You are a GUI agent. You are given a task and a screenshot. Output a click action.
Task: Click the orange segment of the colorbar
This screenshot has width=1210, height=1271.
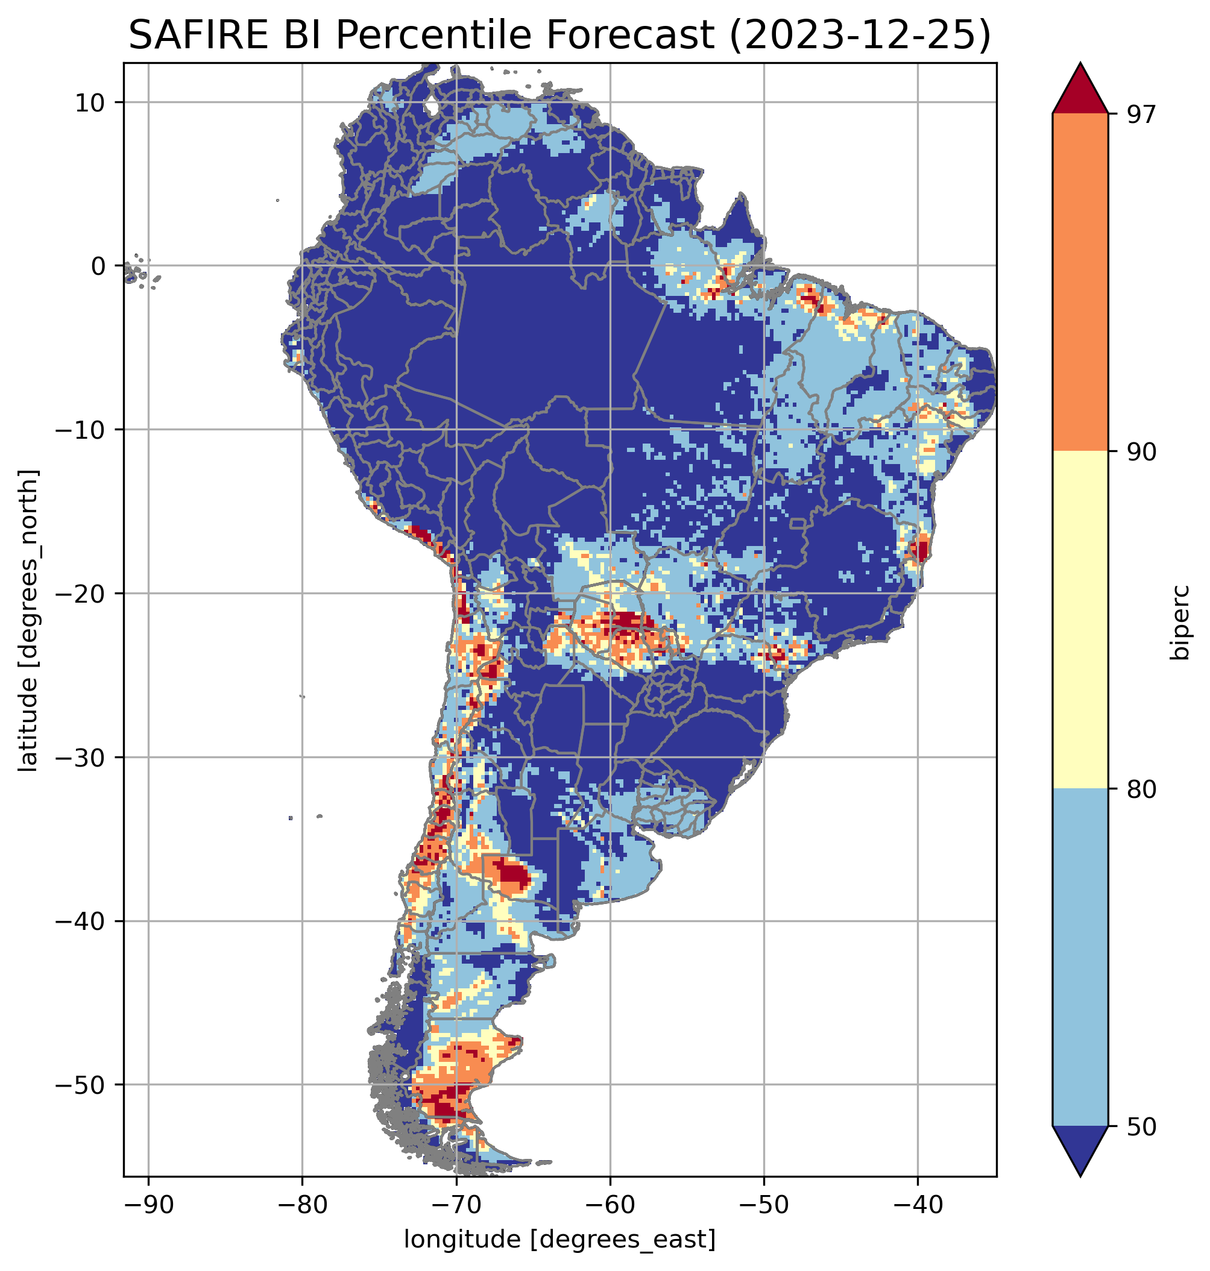[1080, 283]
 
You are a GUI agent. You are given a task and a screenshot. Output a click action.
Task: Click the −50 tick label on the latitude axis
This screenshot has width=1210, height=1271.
[81, 1085]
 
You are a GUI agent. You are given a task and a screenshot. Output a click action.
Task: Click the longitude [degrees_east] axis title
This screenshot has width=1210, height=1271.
[560, 1238]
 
